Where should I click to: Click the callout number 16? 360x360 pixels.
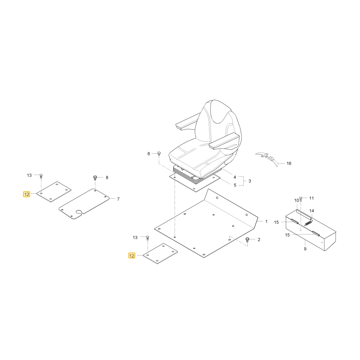pos(289,163)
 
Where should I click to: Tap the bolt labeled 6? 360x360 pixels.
pos(159,153)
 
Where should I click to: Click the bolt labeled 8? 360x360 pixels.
pos(95,177)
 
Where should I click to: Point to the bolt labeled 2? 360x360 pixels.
pos(247,239)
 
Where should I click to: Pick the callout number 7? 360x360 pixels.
pos(118,199)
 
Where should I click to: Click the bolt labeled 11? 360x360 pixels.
pos(301,198)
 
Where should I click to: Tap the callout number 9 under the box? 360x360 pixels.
pos(305,249)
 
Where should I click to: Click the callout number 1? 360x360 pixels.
pos(266,221)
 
